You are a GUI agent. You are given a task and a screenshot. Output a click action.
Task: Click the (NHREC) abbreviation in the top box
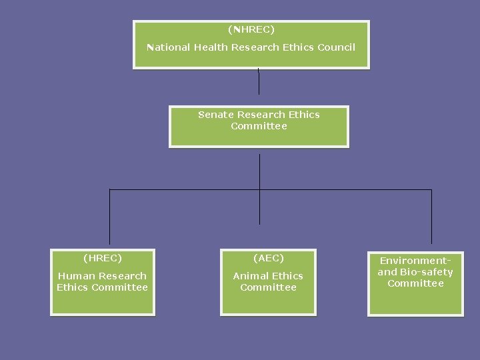(x=251, y=29)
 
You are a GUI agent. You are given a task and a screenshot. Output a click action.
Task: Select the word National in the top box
(x=168, y=47)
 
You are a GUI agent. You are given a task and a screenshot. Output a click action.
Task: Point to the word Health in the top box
(x=211, y=47)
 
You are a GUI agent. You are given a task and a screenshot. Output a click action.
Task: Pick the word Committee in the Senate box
(x=259, y=126)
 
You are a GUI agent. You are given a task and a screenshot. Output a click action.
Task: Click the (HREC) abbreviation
(x=102, y=258)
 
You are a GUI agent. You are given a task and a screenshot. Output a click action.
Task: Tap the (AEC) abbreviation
(x=268, y=258)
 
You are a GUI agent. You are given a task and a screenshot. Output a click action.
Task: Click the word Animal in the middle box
(x=249, y=276)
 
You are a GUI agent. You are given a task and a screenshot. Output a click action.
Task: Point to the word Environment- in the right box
(x=415, y=261)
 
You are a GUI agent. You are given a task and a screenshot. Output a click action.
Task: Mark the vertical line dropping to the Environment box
(x=431, y=217)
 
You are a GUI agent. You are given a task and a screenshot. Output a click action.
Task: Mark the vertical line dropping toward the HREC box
(x=109, y=217)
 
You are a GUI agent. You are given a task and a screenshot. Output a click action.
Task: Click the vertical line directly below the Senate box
(x=259, y=171)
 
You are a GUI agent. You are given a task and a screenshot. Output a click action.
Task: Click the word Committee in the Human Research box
(x=119, y=287)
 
